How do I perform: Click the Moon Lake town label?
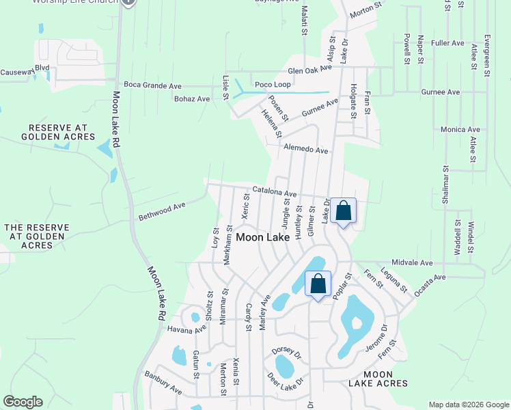262,237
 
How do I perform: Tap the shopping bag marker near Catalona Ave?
344,210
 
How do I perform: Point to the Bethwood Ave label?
162,210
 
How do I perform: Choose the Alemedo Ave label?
306,150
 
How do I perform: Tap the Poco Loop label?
273,85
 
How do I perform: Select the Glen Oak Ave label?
309,70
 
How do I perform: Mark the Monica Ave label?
460,129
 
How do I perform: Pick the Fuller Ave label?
448,43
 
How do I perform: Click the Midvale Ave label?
413,262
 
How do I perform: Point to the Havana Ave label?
187,329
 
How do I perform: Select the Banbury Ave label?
163,383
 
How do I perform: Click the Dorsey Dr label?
286,353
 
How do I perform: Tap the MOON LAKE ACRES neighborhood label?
378,379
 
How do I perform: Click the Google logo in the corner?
23,402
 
